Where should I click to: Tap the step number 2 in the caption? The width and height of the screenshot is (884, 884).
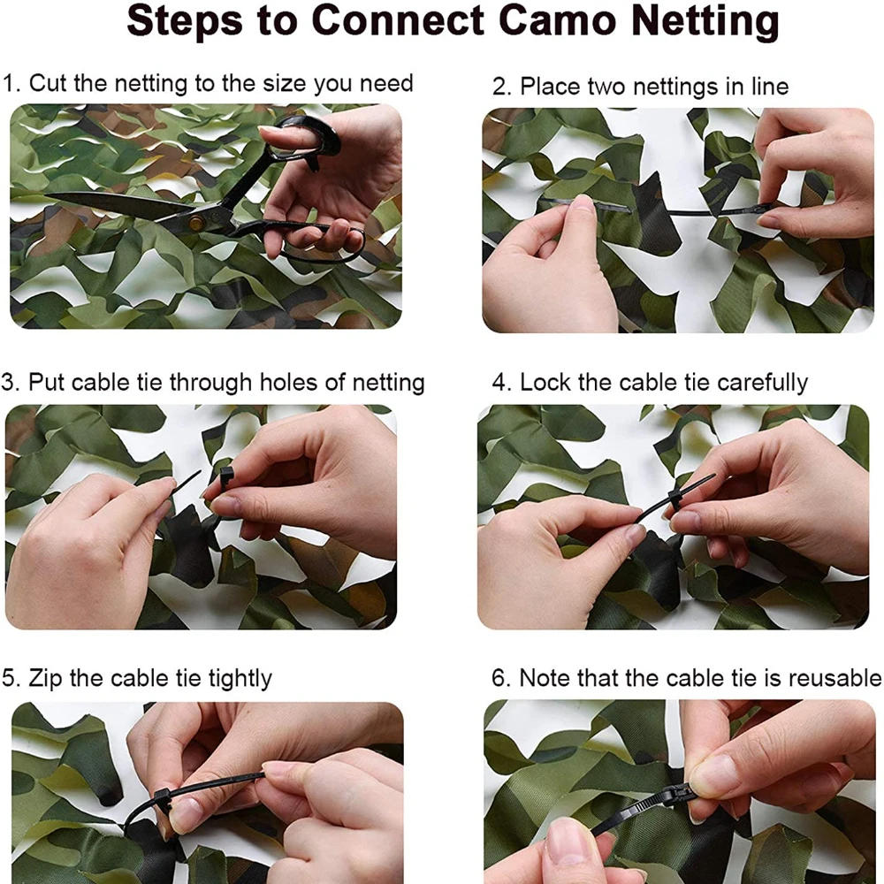(499, 87)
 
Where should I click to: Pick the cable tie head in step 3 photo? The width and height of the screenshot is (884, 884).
(226, 477)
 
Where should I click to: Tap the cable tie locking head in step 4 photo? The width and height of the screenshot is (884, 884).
(676, 500)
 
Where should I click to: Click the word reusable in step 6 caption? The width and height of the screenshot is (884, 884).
(834, 678)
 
